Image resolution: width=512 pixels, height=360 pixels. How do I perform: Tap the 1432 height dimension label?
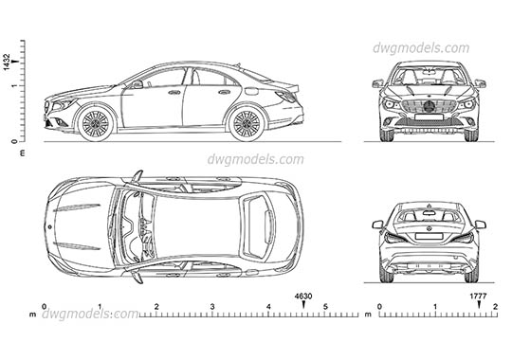click(8, 63)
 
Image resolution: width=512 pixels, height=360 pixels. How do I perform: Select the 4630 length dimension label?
click(303, 297)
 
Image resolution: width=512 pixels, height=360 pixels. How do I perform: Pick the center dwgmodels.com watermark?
click(256, 159)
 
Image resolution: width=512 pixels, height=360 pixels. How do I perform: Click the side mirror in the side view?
click(138, 83)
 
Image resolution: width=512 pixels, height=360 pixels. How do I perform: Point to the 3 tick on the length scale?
click(212, 307)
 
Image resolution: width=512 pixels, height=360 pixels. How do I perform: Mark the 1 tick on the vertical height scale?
click(13, 85)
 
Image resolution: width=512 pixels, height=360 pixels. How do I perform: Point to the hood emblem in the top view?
click(47, 227)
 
